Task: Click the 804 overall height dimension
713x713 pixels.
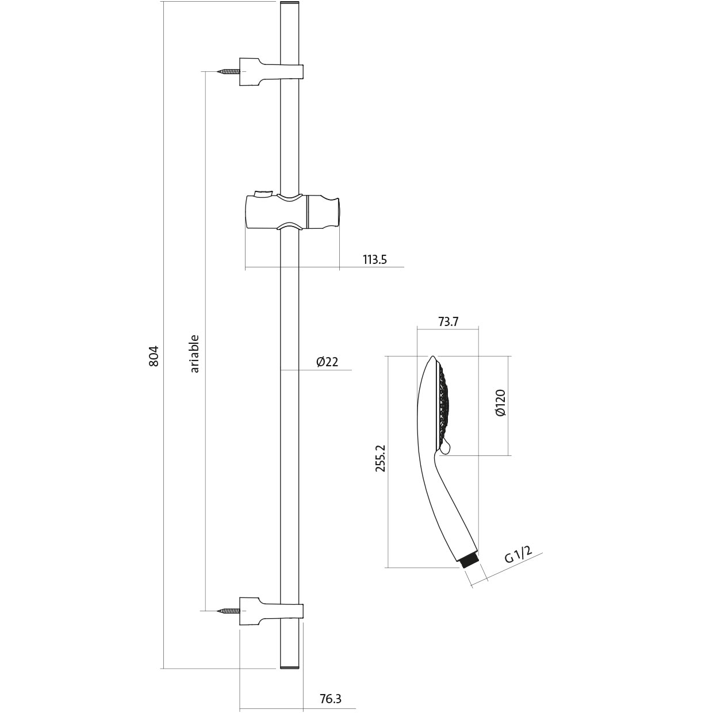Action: click(x=153, y=356)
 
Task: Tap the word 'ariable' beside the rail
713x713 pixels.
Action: click(x=194, y=354)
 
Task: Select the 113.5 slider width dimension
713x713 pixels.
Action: click(x=374, y=259)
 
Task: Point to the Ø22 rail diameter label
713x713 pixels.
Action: click(x=327, y=362)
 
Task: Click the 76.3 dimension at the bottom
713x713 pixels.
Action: click(x=330, y=699)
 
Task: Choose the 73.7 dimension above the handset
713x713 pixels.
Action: click(x=448, y=321)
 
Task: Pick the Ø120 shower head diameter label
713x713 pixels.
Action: click(x=500, y=404)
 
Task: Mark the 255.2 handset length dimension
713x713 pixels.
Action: click(x=380, y=458)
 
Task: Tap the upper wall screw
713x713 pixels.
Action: click(x=228, y=72)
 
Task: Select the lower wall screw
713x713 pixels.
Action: click(x=228, y=611)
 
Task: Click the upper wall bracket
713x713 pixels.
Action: click(x=270, y=72)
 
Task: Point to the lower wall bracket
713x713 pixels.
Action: click(x=270, y=611)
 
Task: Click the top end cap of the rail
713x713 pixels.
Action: click(x=290, y=5)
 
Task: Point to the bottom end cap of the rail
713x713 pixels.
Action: click(x=290, y=666)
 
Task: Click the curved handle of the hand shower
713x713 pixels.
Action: click(x=448, y=506)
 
